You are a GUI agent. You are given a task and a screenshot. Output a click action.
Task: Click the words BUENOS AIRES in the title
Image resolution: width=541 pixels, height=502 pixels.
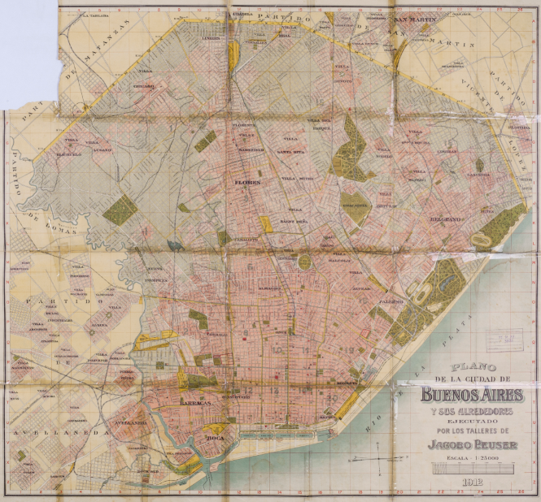click(x=472, y=396)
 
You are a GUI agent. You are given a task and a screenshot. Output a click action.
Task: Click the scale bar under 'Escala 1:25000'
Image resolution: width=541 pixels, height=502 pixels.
click(x=472, y=470)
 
